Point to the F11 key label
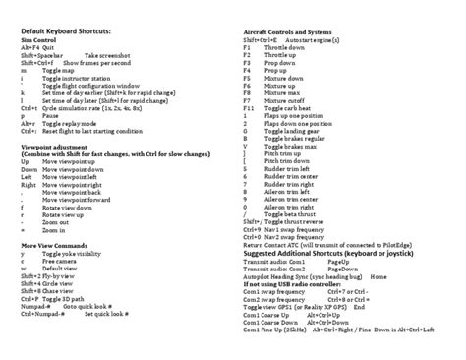[249, 108]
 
